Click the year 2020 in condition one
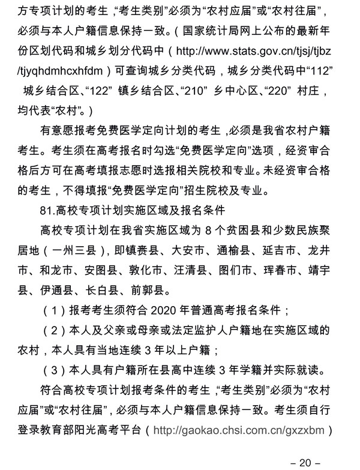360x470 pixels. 159,311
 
